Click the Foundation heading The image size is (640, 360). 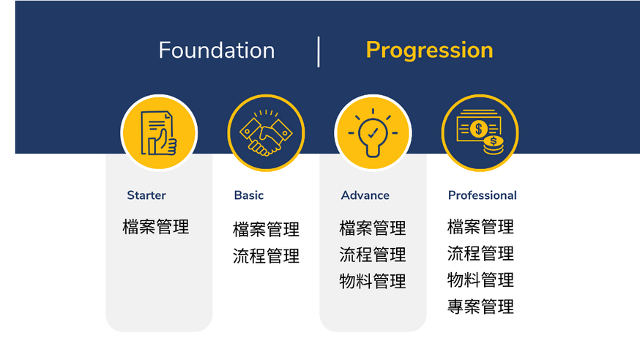pyautogui.click(x=217, y=50)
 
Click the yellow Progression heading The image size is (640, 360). pyautogui.click(x=429, y=51)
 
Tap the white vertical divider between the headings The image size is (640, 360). pyautogui.click(x=319, y=52)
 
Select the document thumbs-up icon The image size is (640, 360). pyautogui.click(x=159, y=133)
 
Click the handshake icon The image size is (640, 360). pyautogui.click(x=266, y=133)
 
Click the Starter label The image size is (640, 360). pyautogui.click(x=146, y=195)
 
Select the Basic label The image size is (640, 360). pyautogui.click(x=248, y=195)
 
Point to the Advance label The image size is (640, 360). pyautogui.click(x=365, y=195)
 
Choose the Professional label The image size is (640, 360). pyautogui.click(x=482, y=195)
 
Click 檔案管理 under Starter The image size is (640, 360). pyautogui.click(x=156, y=227)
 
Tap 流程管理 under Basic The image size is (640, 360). pyautogui.click(x=266, y=256)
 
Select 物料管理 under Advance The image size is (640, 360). pyautogui.click(x=373, y=281)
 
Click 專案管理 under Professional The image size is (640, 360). pyautogui.click(x=480, y=307)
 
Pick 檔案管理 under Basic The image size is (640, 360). pyautogui.click(x=266, y=229)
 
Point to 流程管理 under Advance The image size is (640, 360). pyautogui.click(x=373, y=255)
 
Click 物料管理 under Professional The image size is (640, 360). pyautogui.click(x=480, y=280)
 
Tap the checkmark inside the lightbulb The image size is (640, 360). pyautogui.click(x=373, y=132)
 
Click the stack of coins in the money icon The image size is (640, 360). pyautogui.click(x=494, y=146)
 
